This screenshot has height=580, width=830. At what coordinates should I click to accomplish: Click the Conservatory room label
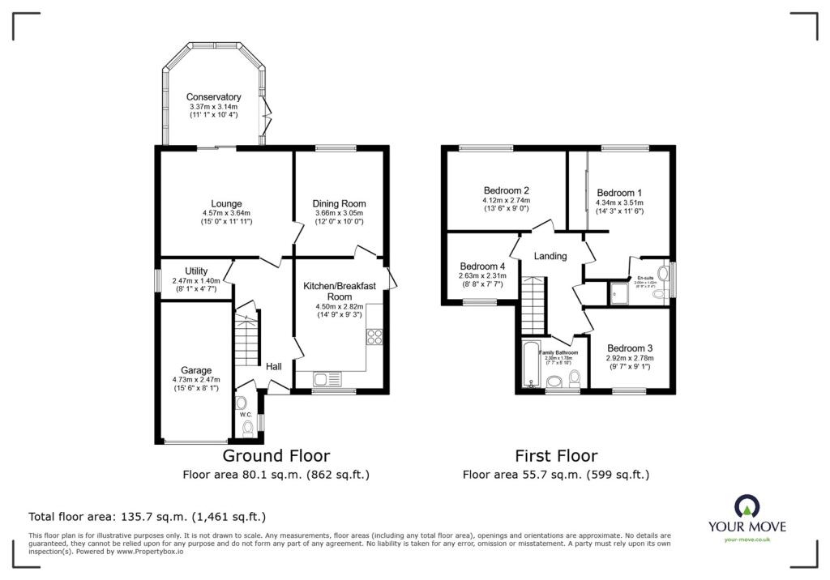214,97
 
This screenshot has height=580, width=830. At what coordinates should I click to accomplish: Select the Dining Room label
339,203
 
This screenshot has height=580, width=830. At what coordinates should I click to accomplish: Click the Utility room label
196,271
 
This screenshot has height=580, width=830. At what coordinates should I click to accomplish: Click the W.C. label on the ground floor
246,415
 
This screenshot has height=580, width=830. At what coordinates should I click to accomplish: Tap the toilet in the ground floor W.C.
247,427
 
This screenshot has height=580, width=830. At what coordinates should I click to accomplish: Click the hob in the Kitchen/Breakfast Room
374,337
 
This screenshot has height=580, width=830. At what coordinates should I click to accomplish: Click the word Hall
274,367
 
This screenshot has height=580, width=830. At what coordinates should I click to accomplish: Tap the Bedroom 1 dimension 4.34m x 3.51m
619,203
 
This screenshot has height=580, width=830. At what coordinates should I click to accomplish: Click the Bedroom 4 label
482,266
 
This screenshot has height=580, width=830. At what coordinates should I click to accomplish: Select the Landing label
550,256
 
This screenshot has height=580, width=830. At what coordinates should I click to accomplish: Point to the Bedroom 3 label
630,348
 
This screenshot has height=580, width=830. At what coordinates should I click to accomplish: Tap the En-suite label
645,276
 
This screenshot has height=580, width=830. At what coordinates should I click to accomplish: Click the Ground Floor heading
276,456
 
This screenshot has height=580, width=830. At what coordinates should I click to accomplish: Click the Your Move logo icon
746,506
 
